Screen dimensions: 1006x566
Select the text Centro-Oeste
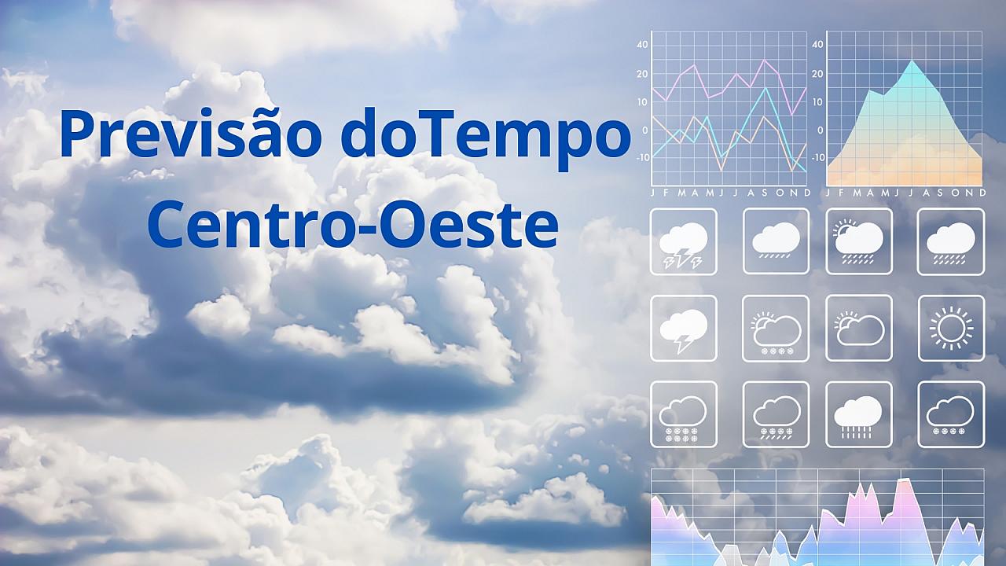point(353,224)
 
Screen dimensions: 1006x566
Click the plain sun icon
point(951,329)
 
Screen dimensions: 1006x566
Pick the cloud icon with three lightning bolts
point(683,245)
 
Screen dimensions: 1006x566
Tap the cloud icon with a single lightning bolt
point(683,330)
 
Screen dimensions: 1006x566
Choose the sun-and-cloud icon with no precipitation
point(860,329)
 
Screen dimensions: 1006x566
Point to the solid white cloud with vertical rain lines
point(857,417)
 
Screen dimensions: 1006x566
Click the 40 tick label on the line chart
point(642,44)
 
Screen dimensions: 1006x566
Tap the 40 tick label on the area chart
point(818,44)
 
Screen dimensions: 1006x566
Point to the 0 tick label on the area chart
point(820,130)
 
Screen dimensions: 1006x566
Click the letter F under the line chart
point(666,193)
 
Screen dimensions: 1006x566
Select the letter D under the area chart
point(982,193)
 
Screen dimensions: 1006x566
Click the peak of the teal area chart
point(912,61)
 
